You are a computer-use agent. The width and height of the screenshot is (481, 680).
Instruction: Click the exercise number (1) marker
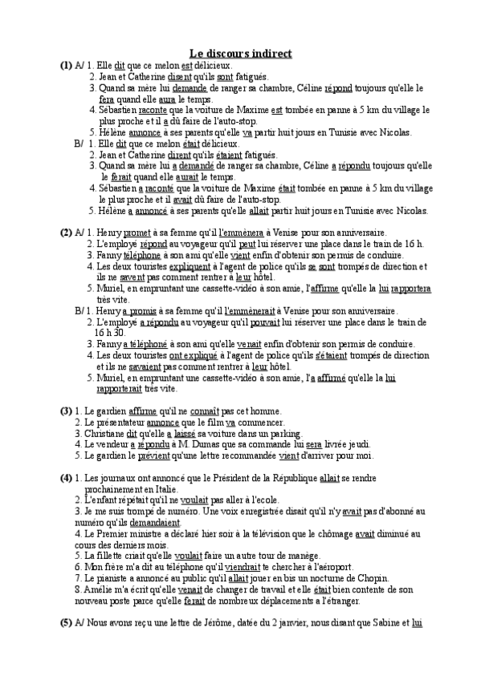[x=66, y=64]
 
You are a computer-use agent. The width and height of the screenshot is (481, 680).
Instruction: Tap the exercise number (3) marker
[x=66, y=411]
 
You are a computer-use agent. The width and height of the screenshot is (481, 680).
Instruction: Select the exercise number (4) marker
[x=66, y=478]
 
